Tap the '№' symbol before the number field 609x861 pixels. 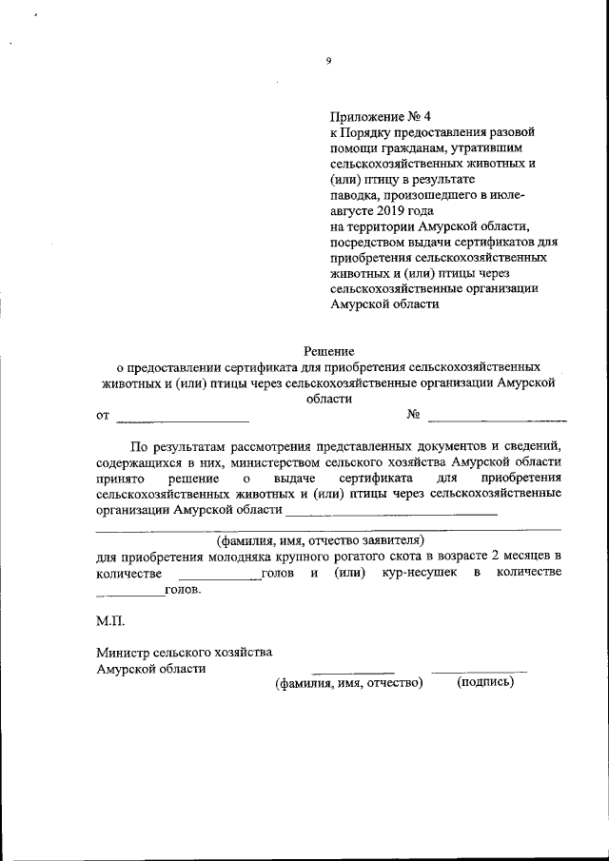pos(414,415)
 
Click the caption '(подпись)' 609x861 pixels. pos(485,682)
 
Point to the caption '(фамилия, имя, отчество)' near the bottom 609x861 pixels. pos(348,683)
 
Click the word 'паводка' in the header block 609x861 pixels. pos(352,194)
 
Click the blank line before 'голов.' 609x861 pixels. pos(130,596)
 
